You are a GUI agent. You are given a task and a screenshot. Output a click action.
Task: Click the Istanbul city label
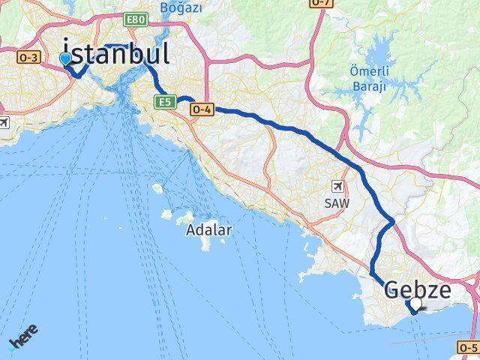point(115,54)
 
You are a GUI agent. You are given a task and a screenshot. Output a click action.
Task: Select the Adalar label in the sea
point(209,230)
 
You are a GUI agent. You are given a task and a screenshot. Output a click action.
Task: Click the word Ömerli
point(368,72)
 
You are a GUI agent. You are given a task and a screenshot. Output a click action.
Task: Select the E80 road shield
point(136,17)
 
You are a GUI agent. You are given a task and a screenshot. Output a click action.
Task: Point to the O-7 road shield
point(321,3)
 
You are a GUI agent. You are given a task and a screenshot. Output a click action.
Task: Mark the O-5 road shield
point(468,347)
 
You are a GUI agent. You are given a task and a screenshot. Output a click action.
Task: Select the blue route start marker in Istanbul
point(66,58)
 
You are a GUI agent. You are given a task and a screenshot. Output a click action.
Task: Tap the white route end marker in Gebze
point(415,304)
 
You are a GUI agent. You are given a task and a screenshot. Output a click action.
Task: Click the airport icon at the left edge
point(3,122)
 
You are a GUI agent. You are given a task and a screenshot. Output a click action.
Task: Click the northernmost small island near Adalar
point(157,188)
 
